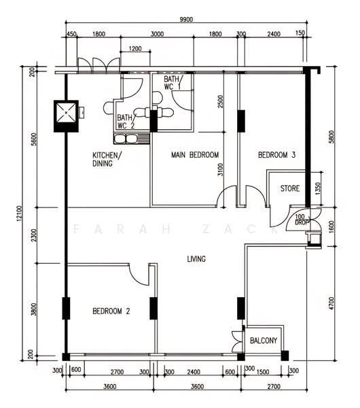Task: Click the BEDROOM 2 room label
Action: [111, 311]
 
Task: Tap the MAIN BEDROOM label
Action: [195, 155]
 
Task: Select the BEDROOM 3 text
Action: [276, 155]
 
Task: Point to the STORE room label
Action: [290, 188]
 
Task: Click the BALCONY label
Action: [264, 341]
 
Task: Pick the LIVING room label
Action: [196, 259]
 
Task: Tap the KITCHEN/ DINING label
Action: [107, 159]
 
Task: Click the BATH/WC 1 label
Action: [173, 83]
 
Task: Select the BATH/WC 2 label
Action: [126, 122]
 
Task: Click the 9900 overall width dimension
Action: [186, 20]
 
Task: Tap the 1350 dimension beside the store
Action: [318, 189]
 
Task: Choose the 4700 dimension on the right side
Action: [331, 303]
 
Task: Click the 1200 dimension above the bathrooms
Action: [135, 49]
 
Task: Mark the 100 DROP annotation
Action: [302, 220]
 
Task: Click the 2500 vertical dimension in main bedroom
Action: [221, 102]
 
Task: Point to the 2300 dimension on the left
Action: [34, 235]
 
